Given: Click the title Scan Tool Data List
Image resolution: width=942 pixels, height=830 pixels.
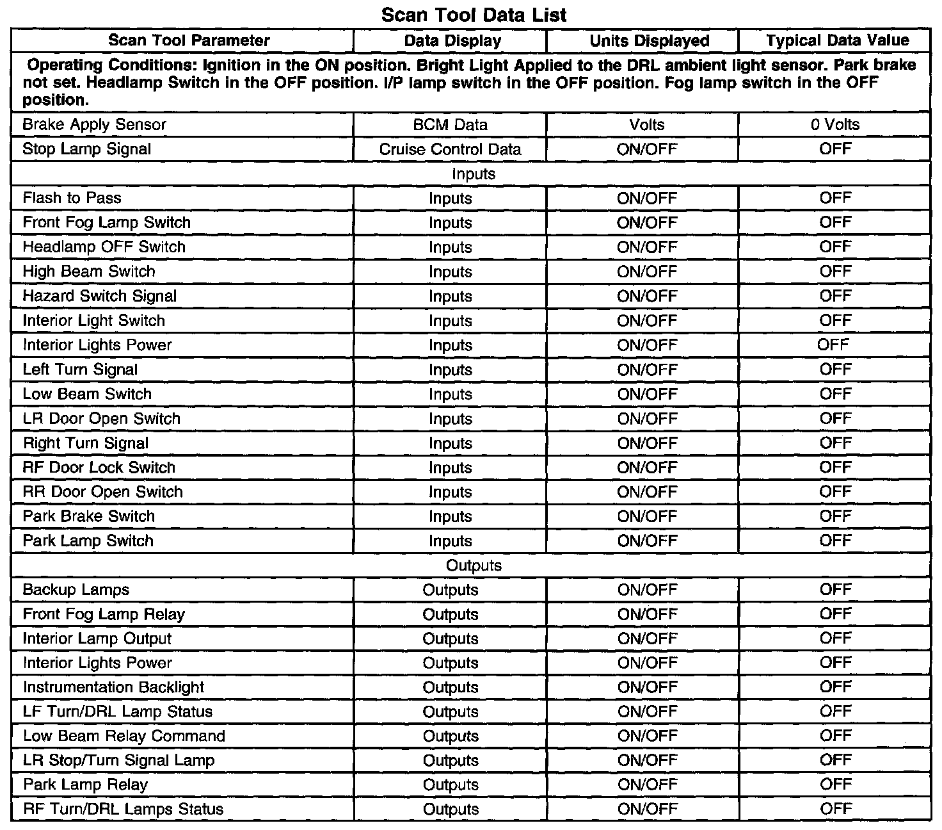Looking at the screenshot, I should (474, 14).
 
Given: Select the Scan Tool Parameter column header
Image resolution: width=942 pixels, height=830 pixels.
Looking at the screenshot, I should (189, 41).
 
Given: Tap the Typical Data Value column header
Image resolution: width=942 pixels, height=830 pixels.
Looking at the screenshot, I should (837, 41).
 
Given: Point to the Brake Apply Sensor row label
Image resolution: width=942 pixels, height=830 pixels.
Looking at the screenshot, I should (94, 125).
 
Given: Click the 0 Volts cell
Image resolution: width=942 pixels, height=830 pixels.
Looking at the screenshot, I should (834, 125).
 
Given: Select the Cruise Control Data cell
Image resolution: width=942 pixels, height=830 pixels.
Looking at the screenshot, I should (450, 149).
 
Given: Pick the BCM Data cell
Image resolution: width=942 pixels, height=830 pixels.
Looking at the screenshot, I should (450, 125).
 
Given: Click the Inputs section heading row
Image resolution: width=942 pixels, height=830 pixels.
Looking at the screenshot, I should (474, 174).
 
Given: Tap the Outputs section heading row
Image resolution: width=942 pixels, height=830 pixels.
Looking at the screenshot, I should (474, 566).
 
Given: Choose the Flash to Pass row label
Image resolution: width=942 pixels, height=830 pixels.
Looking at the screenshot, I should (72, 198).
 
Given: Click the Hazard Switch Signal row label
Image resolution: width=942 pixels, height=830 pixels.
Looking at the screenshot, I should (100, 296).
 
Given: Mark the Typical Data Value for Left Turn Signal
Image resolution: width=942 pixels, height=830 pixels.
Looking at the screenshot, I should (835, 370).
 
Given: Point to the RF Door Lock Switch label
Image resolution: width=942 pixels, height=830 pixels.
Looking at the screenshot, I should (99, 468).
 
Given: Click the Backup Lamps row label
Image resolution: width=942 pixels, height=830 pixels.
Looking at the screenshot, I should (76, 590).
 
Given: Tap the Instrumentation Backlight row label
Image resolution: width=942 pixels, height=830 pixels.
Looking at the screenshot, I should (114, 687).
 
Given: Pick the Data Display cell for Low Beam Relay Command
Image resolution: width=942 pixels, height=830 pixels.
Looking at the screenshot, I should (451, 736).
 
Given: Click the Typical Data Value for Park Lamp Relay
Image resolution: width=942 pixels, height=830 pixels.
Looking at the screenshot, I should (835, 785).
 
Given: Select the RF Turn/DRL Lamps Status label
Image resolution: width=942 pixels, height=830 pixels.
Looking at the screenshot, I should (124, 810).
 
